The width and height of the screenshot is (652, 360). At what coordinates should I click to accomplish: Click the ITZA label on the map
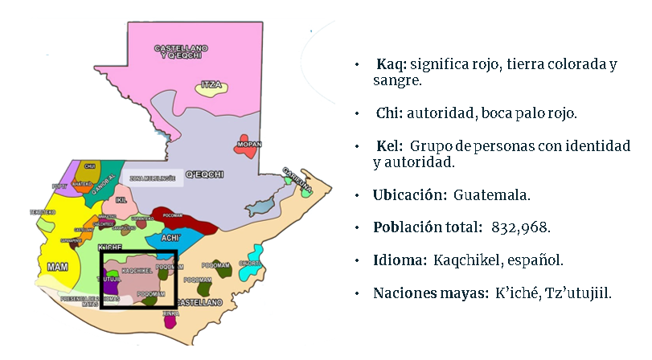211,84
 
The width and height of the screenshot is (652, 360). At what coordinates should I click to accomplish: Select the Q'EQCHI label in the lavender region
204,174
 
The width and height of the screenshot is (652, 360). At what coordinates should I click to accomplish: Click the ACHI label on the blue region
170,238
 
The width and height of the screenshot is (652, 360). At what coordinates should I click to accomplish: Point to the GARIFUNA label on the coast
295,178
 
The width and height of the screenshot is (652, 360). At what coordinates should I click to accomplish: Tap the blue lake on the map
259,207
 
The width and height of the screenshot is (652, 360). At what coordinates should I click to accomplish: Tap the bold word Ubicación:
409,194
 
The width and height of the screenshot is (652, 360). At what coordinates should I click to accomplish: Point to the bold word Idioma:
400,260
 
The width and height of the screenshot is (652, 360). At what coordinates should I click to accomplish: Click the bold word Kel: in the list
392,147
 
